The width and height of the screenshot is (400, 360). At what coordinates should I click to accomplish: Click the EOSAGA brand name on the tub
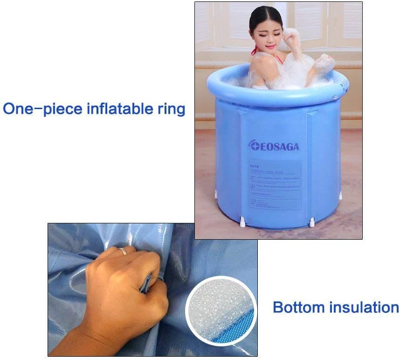click(x=278, y=146)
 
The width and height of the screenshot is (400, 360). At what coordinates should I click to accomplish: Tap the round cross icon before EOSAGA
click(x=252, y=146)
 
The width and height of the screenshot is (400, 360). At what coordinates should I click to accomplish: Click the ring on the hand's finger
click(x=123, y=251)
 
